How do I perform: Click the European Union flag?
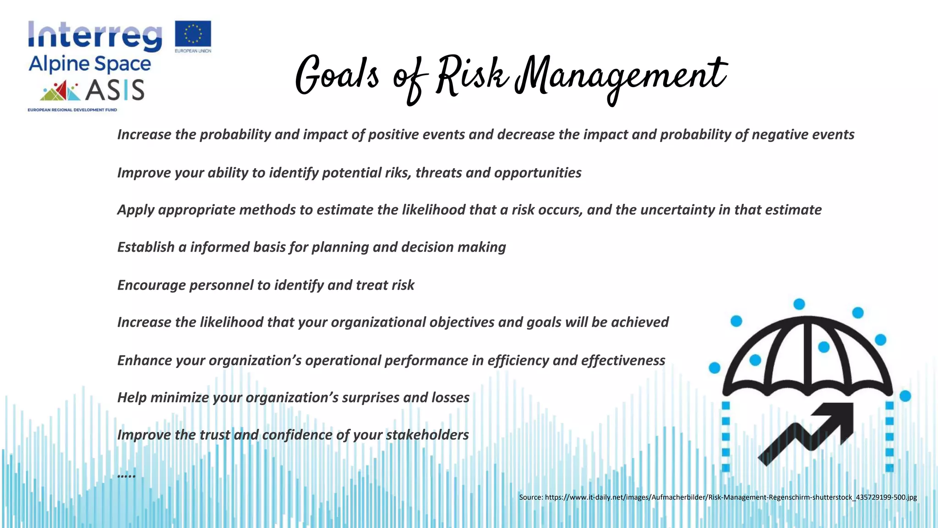pos(193,34)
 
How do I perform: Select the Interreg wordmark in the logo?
pos(95,36)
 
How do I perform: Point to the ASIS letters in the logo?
pos(115,90)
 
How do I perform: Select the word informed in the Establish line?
pos(219,247)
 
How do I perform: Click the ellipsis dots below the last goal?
pos(126,475)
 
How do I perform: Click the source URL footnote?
pos(718,497)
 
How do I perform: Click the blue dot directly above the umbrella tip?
pos(799,304)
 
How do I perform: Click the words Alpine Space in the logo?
pos(90,65)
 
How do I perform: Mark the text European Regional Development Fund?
pos(72,110)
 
